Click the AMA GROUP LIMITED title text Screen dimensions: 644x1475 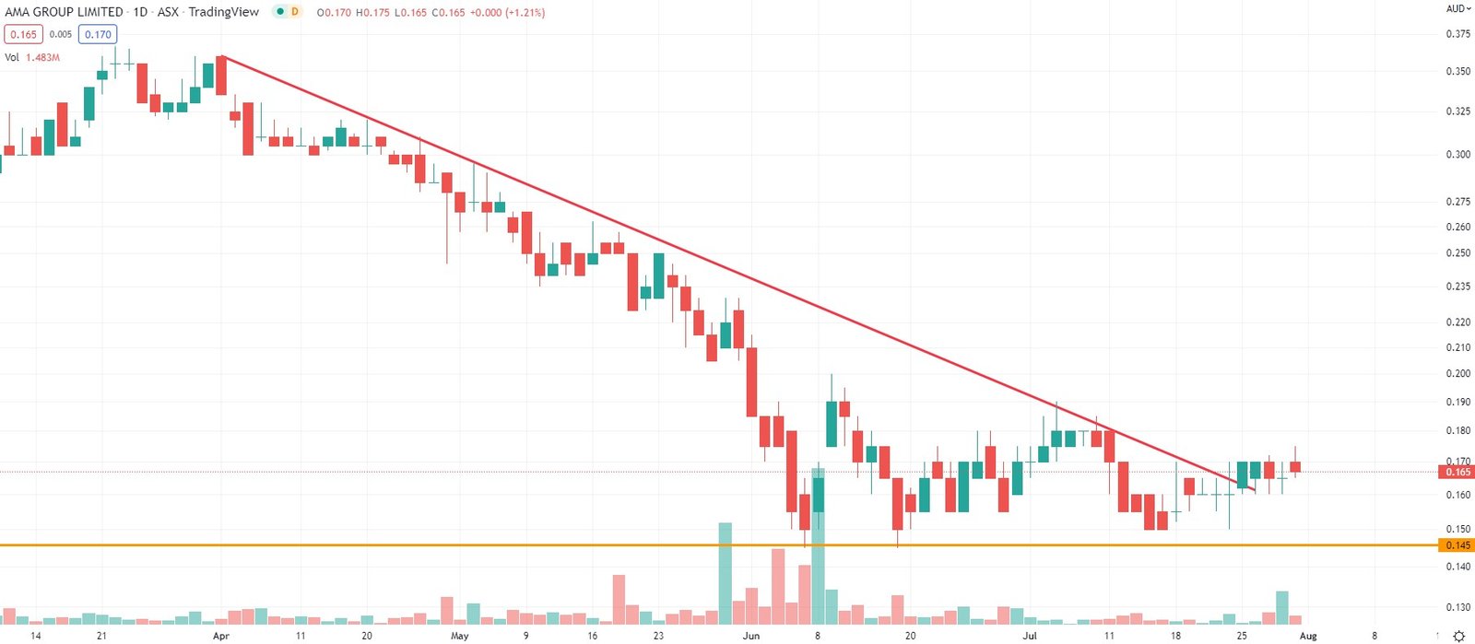point(64,12)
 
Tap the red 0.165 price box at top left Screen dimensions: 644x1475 point(23,34)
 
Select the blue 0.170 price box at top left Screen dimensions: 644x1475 point(98,34)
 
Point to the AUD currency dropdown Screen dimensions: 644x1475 point(1457,8)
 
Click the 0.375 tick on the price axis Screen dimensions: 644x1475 point(1457,34)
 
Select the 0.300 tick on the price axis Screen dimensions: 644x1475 point(1457,154)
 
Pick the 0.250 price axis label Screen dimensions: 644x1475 point(1457,252)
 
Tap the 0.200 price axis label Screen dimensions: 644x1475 point(1457,373)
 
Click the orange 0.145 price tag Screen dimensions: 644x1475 point(1457,545)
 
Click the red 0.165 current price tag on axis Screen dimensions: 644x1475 point(1457,472)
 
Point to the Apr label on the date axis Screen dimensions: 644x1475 point(220,636)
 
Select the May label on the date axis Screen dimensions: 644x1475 point(459,636)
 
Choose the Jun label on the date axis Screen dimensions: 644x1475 point(751,636)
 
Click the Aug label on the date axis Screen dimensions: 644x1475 point(1308,636)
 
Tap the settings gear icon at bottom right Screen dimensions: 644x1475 point(1458,636)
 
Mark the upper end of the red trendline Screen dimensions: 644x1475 point(222,57)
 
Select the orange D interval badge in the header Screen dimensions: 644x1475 point(294,12)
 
